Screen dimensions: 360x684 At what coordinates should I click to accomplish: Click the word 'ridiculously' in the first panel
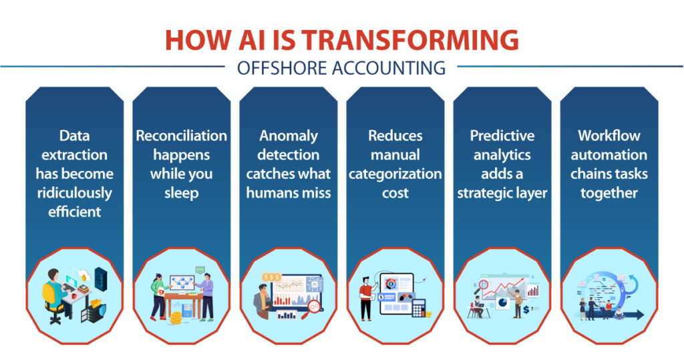[75, 193]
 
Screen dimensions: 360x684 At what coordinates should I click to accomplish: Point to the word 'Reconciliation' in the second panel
[182, 136]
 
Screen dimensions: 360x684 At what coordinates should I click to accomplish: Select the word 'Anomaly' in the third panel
[289, 136]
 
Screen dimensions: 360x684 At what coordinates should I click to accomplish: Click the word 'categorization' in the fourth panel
[395, 174]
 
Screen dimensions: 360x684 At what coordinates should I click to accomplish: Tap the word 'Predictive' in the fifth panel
[502, 136]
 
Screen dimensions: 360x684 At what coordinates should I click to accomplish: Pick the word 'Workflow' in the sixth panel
[609, 136]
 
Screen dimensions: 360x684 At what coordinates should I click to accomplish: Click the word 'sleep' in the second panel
[182, 193]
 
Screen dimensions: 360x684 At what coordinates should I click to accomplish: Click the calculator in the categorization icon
[419, 308]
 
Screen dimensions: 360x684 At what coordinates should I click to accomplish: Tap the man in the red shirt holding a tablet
[365, 297]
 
